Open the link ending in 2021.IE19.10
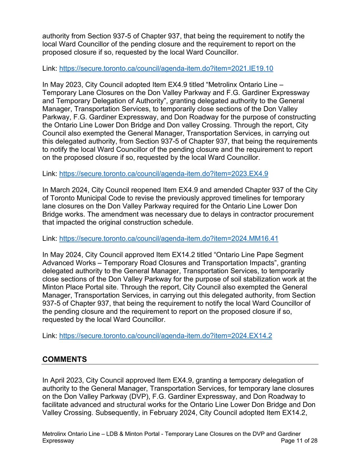[166, 69]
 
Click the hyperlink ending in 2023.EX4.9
[164, 174]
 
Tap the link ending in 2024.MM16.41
[169, 239]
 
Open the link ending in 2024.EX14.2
[165, 336]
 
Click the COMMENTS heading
[65, 359]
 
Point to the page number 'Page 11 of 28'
[299, 441]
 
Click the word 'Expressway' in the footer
[58, 441]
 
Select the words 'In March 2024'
[65, 190]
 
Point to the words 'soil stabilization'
[244, 279]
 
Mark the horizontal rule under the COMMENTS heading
[180, 364]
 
